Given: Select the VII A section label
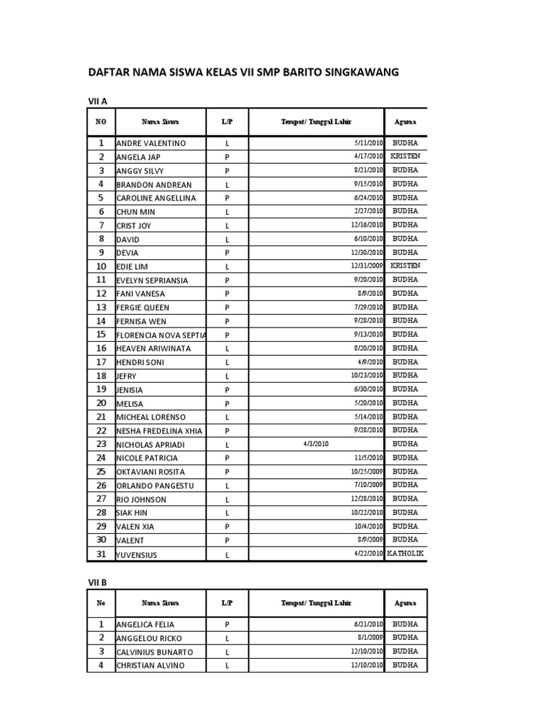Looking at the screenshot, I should point(97,102).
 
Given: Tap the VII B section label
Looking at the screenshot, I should point(97,582).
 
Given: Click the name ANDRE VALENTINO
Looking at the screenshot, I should point(151,143).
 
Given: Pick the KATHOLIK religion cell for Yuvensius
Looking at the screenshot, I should point(405,554).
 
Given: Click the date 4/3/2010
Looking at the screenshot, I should point(315,444).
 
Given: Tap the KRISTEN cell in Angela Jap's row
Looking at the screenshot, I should point(405,156).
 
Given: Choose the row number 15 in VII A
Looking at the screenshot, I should point(101,335).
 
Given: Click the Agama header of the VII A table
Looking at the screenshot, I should point(405,121).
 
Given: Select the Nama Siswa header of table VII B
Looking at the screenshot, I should point(160,603).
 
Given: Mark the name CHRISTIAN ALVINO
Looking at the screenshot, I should point(150,666).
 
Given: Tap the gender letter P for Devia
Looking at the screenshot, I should point(227,253).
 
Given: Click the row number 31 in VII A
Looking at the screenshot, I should point(101,554).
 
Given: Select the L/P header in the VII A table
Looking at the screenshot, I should point(227,121).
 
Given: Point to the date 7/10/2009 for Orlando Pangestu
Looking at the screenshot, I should point(368,486).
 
